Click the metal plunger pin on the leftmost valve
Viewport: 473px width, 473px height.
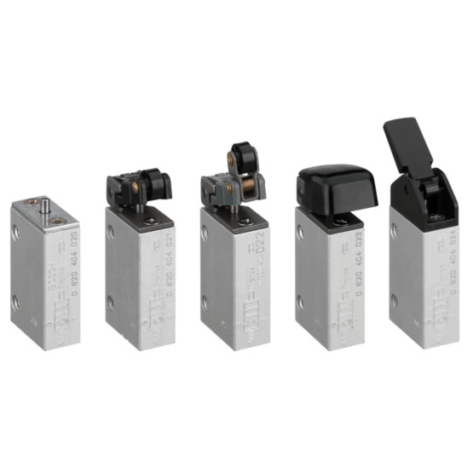pyautogui.click(x=45, y=207)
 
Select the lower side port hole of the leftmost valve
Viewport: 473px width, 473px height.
pyautogui.click(x=17, y=301)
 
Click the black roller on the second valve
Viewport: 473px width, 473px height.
pyautogui.click(x=157, y=182)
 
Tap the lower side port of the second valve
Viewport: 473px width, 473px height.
pyautogui.click(x=111, y=301)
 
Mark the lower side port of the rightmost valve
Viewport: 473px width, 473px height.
pyautogui.click(x=394, y=298)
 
